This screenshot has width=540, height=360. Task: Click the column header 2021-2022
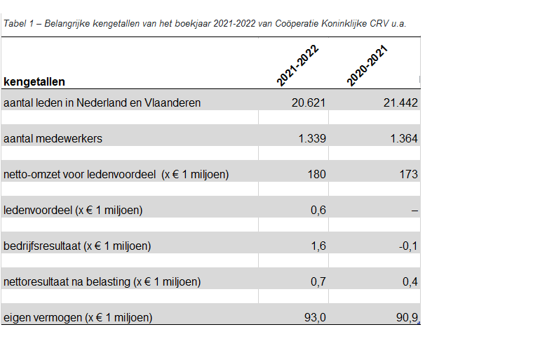298,65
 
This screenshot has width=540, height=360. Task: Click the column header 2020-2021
367,65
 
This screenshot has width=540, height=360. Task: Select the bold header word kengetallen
35,82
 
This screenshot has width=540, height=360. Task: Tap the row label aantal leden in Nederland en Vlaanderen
102,102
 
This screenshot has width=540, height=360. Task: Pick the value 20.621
309,102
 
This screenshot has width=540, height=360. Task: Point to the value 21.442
400,102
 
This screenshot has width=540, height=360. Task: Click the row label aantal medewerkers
53,138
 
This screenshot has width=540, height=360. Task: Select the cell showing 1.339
311,138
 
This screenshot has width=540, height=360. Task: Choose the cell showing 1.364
403,138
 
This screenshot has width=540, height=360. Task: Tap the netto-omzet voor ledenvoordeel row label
116,174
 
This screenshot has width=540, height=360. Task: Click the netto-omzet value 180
316,174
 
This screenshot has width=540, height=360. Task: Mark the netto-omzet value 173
408,174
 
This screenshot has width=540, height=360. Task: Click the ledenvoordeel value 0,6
318,210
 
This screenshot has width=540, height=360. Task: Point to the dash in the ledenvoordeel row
414,210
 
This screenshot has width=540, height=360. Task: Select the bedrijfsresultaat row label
77,246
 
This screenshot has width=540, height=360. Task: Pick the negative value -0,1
408,246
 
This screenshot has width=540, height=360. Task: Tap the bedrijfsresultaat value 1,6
318,246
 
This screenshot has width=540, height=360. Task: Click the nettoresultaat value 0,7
318,281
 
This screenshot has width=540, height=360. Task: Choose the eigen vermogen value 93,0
315,317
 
